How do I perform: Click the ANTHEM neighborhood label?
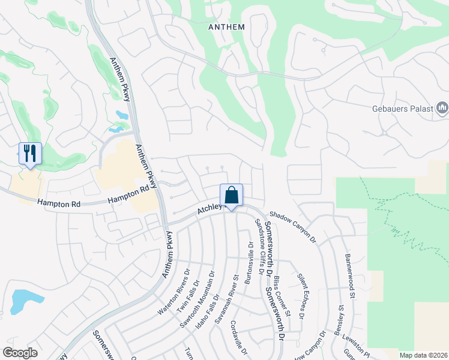tap(226, 27)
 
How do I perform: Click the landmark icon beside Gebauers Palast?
tap(442, 109)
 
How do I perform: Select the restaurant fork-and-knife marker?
tap(29, 153)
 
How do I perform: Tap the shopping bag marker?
tap(231, 196)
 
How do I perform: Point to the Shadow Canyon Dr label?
tap(292, 226)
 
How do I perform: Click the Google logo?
tap(20, 353)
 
